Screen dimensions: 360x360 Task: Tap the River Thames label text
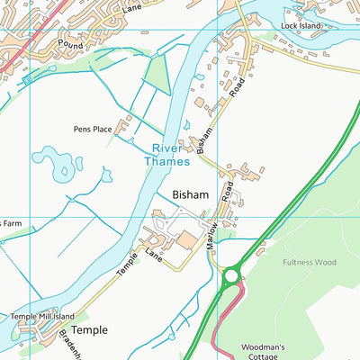click(x=168, y=155)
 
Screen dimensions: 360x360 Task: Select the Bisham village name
click(x=190, y=194)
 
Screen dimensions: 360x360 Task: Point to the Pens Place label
click(x=93, y=129)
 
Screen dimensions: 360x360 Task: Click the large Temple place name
click(x=89, y=330)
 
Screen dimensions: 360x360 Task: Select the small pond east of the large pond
click(x=105, y=175)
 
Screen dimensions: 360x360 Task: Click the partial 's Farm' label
click(x=10, y=223)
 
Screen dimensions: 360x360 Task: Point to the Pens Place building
click(x=125, y=123)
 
